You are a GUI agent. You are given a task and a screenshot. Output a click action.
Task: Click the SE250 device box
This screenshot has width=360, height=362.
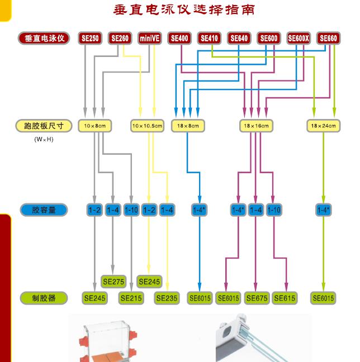pos(89,39)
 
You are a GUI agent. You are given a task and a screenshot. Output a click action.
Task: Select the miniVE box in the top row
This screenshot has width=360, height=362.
pos(149,39)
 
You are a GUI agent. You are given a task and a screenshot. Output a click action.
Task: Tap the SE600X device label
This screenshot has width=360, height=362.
pos(299,39)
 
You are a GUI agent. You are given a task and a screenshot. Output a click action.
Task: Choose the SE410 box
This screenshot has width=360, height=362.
pos(209,39)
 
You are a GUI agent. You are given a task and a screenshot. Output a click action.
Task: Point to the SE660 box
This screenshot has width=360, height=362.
pos(328,39)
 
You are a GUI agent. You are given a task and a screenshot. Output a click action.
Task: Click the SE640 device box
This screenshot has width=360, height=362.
pos(239,39)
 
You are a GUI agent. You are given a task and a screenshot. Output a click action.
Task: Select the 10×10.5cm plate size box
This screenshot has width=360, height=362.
pos(148,126)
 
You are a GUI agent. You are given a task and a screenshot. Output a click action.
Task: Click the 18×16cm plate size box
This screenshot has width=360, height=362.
pos(256,126)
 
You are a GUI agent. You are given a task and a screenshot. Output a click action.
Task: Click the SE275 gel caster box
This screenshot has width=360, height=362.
pos(113,282)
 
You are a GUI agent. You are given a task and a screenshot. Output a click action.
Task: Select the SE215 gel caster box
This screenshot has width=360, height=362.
pos(131,298)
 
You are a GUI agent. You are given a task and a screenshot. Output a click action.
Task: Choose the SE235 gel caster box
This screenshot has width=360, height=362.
pos(167,298)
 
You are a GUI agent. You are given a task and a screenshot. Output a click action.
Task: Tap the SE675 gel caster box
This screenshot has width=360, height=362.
pos(257,298)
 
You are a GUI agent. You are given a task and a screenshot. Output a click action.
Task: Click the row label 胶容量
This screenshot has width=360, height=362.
pos(44,210)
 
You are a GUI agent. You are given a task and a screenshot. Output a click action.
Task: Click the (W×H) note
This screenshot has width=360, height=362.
pos(44,139)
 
